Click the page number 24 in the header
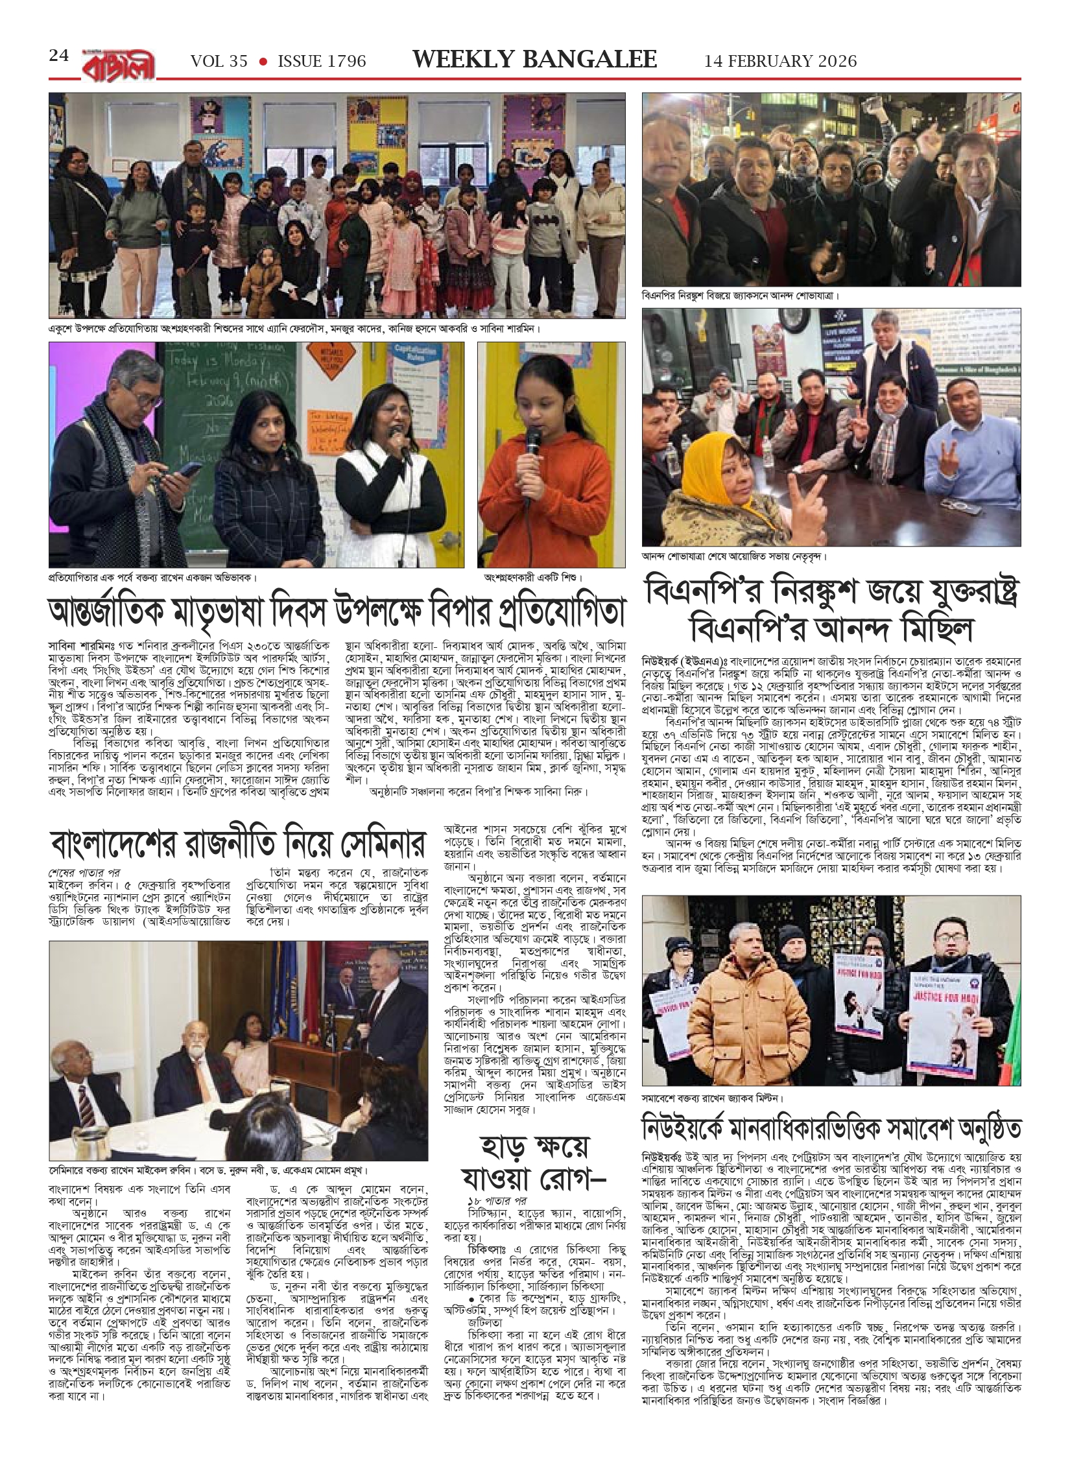coord(58,56)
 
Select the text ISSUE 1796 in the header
coord(322,61)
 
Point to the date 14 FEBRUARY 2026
coord(781,61)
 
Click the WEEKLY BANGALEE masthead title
coord(535,60)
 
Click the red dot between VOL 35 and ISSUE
coord(263,62)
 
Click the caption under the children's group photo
coord(295,329)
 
